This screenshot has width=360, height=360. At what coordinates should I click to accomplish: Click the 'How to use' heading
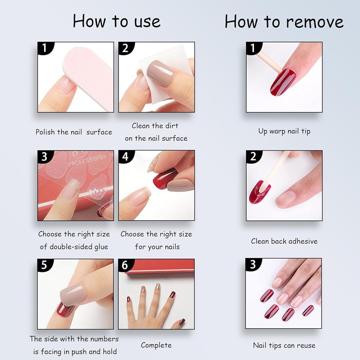pyautogui.click(x=117, y=21)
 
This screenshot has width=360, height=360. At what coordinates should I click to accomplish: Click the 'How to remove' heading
pyautogui.click(x=284, y=21)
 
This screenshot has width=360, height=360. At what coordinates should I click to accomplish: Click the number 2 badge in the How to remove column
pyautogui.click(x=253, y=157)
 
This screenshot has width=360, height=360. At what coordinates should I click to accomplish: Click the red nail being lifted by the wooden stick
pyautogui.click(x=282, y=82)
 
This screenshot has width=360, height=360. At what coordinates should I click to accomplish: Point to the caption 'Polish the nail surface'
pyautogui.click(x=74, y=132)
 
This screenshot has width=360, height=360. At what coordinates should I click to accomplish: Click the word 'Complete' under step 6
pyautogui.click(x=156, y=345)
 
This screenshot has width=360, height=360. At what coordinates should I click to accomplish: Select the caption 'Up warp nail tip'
pyautogui.click(x=284, y=131)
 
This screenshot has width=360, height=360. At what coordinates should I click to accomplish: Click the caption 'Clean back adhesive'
pyautogui.click(x=284, y=241)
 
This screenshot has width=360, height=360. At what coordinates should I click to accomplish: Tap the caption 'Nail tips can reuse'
pyautogui.click(x=284, y=345)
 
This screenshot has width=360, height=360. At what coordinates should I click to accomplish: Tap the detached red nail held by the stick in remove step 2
pyautogui.click(x=260, y=192)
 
